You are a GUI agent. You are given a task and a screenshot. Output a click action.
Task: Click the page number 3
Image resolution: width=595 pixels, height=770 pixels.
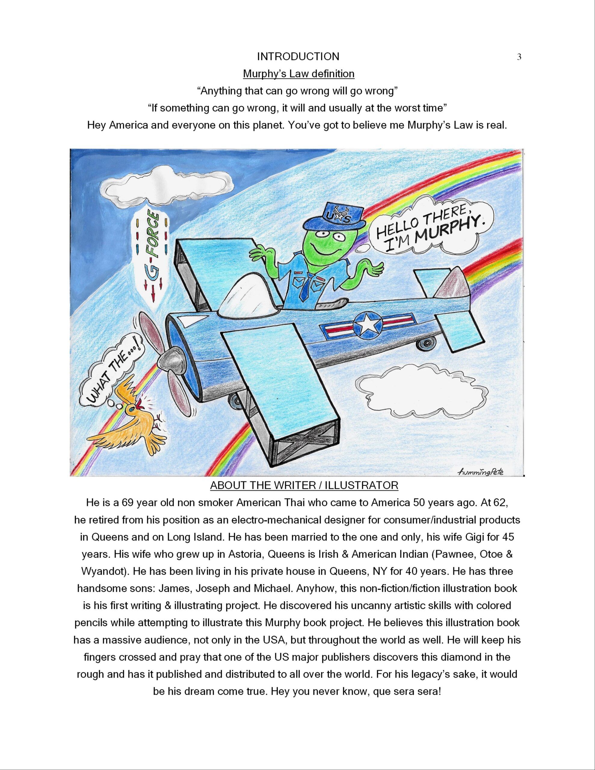[519, 57]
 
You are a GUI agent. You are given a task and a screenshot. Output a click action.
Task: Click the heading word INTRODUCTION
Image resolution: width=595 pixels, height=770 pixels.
[298, 56]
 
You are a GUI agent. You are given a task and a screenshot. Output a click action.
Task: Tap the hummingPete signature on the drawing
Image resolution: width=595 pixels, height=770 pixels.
[480, 472]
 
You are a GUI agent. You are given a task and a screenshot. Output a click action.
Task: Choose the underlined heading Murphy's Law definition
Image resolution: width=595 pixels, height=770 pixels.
[298, 74]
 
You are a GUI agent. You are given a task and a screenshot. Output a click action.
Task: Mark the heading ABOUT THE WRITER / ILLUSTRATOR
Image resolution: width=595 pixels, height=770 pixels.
[304, 485]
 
